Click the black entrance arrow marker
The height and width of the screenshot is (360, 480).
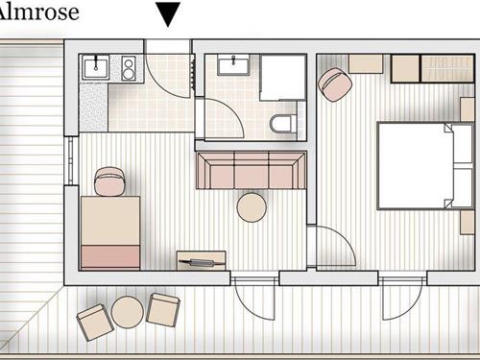(168, 13)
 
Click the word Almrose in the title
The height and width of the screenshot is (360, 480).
(38, 12)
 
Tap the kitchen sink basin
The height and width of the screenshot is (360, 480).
(96, 67)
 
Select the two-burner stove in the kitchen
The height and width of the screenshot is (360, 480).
(129, 68)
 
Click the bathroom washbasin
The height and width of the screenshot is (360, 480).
(233, 64)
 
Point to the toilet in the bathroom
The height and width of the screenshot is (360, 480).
(282, 123)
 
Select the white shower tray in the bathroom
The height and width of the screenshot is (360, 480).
(282, 78)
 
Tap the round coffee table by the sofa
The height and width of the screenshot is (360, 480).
(252, 207)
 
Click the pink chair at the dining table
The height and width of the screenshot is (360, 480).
(109, 181)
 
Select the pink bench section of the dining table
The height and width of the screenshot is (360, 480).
(110, 256)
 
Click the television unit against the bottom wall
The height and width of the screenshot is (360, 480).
(202, 261)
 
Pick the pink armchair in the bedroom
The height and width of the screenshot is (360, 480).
(335, 84)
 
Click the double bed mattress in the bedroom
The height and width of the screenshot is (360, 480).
(416, 166)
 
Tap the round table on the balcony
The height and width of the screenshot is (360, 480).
(128, 312)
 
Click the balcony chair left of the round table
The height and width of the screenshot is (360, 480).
(95, 322)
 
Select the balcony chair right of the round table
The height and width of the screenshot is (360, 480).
(163, 309)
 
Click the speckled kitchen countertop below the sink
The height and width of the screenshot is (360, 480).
(93, 108)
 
